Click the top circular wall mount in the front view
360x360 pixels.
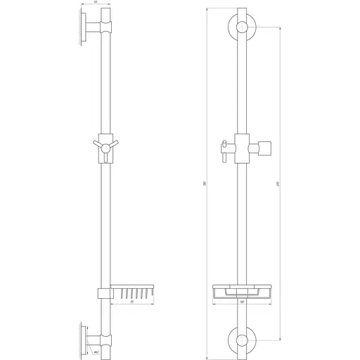coord(242,29)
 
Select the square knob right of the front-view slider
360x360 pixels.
coord(264,148)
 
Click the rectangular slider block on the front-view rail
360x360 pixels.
coord(242,146)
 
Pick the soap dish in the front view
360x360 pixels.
coord(242,290)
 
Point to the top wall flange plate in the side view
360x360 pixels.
coord(84,30)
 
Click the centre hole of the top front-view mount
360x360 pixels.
coord(242,29)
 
